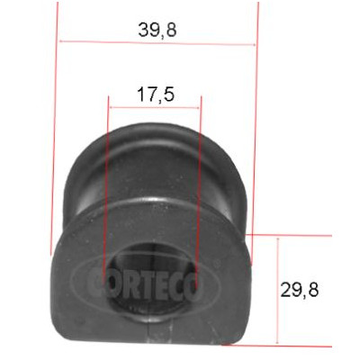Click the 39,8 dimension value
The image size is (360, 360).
coord(157,30)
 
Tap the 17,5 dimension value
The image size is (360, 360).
coord(156,94)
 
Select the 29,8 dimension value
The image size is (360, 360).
coord(300,290)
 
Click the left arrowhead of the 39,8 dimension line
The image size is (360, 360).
coord(62,41)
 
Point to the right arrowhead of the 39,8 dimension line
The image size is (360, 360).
coord(254,45)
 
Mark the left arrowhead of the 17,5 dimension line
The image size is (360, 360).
coord(112,107)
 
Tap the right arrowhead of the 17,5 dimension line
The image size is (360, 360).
coord(197,108)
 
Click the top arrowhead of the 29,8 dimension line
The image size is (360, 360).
coord(278,240)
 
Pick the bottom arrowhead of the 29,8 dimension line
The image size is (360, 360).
coord(278,341)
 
